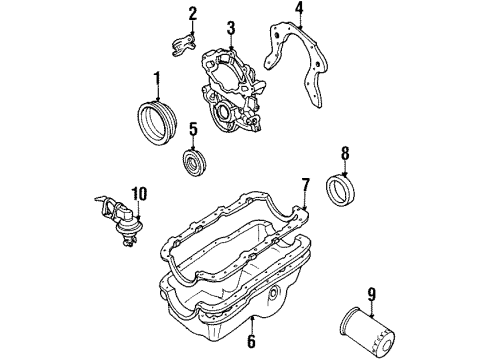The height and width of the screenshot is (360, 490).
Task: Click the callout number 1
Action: pyautogui.click(x=156, y=78)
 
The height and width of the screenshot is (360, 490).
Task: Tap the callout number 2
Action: pyautogui.click(x=193, y=13)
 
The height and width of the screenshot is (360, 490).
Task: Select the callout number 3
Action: pyautogui.click(x=230, y=27)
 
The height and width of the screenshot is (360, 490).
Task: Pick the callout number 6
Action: pyautogui.click(x=251, y=342)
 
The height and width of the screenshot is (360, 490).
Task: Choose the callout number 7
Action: pyautogui.click(x=306, y=184)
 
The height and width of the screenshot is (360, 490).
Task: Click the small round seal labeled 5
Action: pyautogui.click(x=190, y=163)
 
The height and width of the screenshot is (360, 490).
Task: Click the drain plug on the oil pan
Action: pyautogui.click(x=274, y=295)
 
